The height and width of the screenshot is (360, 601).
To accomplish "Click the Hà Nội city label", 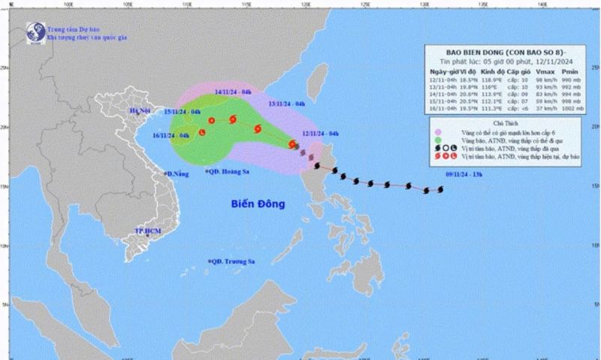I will (140, 111).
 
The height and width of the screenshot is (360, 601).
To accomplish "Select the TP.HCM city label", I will (148, 230).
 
